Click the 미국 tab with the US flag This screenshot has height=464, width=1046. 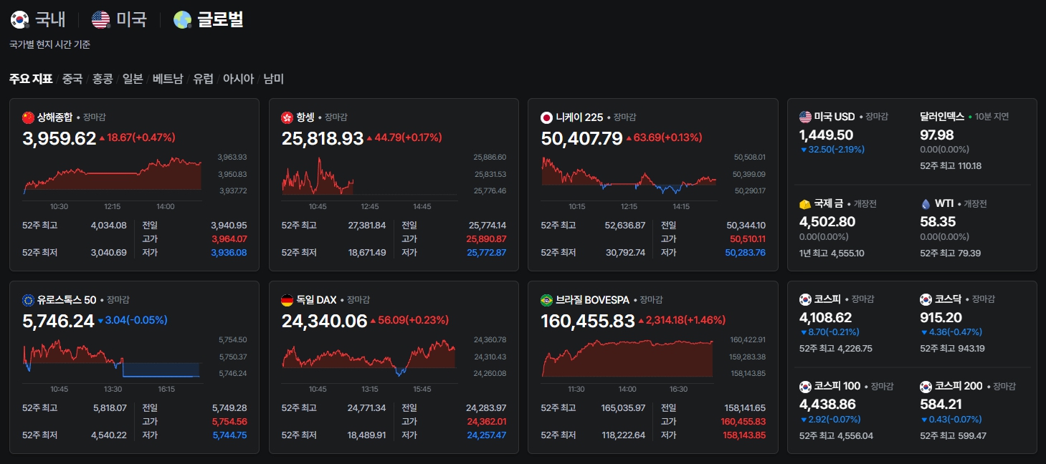tap(119, 19)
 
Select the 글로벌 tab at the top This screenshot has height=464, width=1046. tap(208, 19)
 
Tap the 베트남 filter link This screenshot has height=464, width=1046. tap(168, 79)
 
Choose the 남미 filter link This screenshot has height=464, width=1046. tap(274, 79)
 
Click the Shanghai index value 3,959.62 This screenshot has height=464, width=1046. tap(59, 138)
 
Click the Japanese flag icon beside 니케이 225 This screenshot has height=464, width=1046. tap(546, 117)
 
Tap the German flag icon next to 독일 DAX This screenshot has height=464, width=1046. tap(287, 300)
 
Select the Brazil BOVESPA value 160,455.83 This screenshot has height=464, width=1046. tap(588, 322)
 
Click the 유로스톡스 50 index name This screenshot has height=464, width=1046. tap(67, 300)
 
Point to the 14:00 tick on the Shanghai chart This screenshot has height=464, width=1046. tap(166, 207)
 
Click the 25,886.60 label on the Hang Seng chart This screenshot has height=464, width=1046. tap(490, 157)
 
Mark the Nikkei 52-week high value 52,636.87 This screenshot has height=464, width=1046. tap(624, 226)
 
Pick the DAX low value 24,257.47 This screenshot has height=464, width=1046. tap(487, 435)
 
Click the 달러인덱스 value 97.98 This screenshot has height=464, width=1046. tap(937, 135)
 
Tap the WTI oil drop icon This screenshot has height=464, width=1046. tap(926, 204)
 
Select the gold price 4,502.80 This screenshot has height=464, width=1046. tap(827, 222)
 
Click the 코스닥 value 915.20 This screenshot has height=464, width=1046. tap(941, 318)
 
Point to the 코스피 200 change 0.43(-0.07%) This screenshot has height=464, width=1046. tap(951, 420)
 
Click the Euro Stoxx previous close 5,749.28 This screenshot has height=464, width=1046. tap(229, 408)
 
